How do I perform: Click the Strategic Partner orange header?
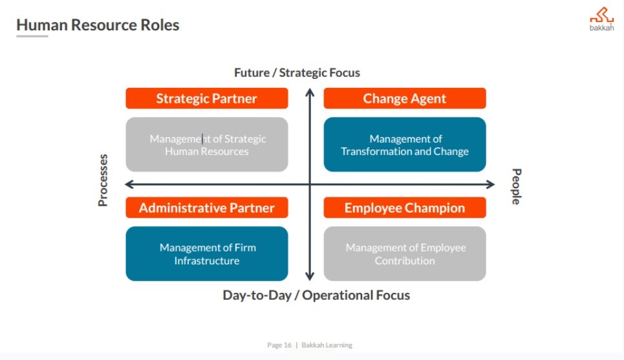(206, 98)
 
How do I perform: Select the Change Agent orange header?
(405, 98)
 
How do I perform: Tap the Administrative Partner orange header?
(206, 207)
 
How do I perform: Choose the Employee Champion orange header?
(405, 207)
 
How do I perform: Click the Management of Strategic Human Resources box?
(206, 144)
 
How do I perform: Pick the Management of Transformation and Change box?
(405, 144)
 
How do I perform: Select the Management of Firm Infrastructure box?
(206, 254)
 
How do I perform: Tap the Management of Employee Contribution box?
(405, 254)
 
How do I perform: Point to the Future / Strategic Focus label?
(297, 73)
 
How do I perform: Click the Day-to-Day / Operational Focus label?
(316, 295)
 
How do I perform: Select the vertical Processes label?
(103, 180)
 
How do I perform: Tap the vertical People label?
(516, 187)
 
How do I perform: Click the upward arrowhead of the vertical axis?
(310, 92)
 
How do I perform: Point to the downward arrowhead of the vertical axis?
(310, 276)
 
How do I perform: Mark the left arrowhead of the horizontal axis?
(129, 184)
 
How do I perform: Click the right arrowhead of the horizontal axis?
(490, 184)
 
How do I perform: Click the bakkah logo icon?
(601, 15)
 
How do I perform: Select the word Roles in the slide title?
(160, 25)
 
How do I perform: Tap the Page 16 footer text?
(279, 345)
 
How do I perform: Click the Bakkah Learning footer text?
(327, 345)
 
